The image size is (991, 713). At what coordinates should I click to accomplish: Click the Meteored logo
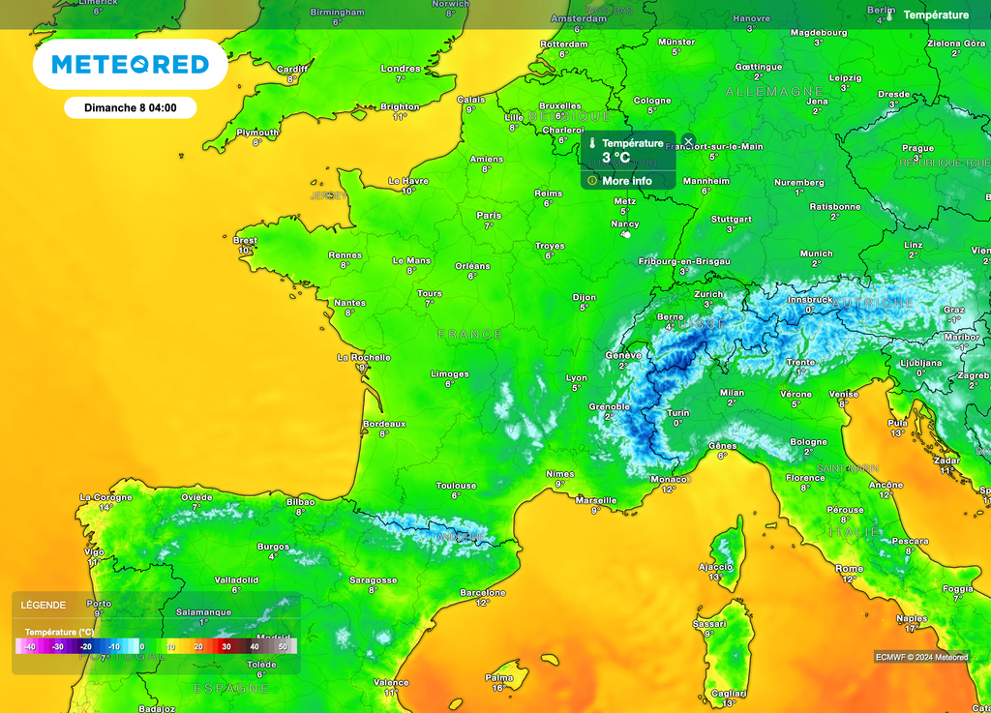pyautogui.click(x=130, y=65)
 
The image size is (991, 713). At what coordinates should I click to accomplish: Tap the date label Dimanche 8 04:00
pyautogui.click(x=130, y=107)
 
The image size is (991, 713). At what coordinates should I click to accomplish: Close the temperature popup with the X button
pyautogui.click(x=688, y=141)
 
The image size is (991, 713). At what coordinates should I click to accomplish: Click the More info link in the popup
pyautogui.click(x=627, y=181)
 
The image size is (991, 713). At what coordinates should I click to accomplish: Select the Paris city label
pyautogui.click(x=489, y=216)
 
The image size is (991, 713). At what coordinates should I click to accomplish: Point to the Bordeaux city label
pyautogui.click(x=384, y=424)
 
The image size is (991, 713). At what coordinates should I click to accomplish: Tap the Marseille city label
pyautogui.click(x=596, y=500)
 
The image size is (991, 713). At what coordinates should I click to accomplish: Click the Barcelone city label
pyautogui.click(x=483, y=592)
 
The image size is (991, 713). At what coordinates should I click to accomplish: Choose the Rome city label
pyautogui.click(x=849, y=569)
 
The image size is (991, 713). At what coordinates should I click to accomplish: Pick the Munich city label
pyautogui.click(x=816, y=253)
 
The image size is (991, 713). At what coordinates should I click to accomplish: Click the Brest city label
pyautogui.click(x=246, y=240)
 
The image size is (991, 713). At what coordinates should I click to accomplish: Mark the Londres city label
pyautogui.click(x=401, y=69)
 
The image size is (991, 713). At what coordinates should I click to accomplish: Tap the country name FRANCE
pyautogui.click(x=470, y=334)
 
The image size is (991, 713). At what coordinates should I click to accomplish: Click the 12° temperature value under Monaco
pyautogui.click(x=669, y=490)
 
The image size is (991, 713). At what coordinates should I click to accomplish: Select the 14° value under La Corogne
pyautogui.click(x=105, y=507)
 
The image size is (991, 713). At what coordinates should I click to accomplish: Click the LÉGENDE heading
pyautogui.click(x=44, y=606)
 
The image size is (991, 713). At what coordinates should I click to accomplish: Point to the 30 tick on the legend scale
pyautogui.click(x=225, y=646)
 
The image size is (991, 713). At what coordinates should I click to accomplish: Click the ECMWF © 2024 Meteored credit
pyautogui.click(x=921, y=657)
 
